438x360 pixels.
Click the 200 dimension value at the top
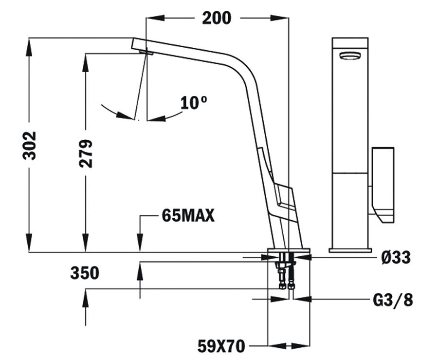tap(217, 18)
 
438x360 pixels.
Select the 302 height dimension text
tap(29, 145)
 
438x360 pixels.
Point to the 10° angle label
tap(194, 102)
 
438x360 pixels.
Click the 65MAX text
tap(188, 215)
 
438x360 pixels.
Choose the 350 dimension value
tap(85, 273)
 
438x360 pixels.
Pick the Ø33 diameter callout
tap(396, 257)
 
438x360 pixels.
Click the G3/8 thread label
tap(392, 300)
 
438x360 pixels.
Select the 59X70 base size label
tap(221, 346)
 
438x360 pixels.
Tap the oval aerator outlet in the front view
tap(349, 56)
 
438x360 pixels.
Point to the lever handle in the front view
tap(383, 185)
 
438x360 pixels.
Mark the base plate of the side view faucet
tap(289, 250)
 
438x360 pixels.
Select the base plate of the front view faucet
tap(350, 250)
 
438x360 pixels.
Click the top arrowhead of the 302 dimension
tap(29, 46)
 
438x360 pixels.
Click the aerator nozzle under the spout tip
tap(146, 52)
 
